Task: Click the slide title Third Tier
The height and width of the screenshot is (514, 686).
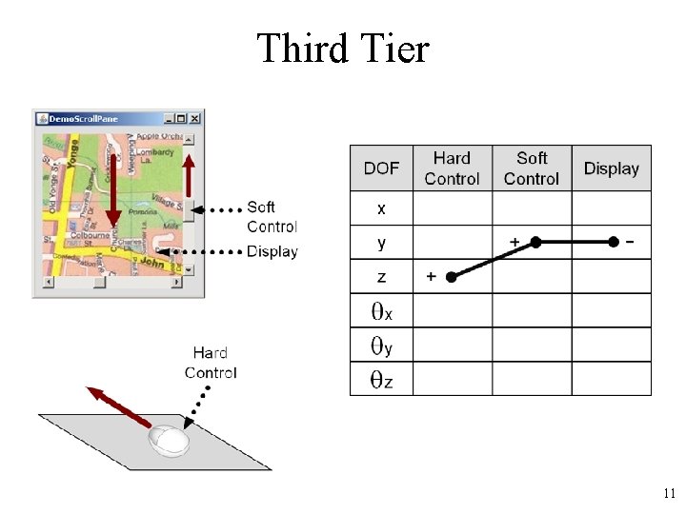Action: tap(343, 49)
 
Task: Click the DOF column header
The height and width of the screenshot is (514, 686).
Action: tap(381, 168)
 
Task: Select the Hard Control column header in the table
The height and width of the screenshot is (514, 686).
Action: tap(452, 168)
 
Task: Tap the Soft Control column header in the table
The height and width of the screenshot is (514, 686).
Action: tap(532, 168)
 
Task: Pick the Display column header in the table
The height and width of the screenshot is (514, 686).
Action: tap(611, 168)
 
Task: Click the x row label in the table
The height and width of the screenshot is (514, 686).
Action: tap(381, 208)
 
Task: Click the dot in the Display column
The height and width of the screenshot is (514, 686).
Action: tap(614, 243)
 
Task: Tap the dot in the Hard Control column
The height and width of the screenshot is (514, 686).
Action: tap(452, 277)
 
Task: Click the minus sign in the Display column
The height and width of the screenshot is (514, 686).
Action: tap(629, 242)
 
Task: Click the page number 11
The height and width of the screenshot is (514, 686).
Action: tap(668, 494)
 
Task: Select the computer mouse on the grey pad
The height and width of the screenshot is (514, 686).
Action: tap(168, 439)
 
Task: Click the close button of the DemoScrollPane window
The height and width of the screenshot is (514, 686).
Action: tap(195, 118)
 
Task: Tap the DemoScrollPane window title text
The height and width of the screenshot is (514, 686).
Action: tap(84, 118)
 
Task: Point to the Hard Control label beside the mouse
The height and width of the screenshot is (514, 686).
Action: tap(211, 363)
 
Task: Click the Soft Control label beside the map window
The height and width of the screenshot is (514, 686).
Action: tap(272, 217)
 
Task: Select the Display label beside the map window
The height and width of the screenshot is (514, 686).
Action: tap(272, 251)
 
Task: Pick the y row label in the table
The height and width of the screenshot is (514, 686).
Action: tap(381, 243)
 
